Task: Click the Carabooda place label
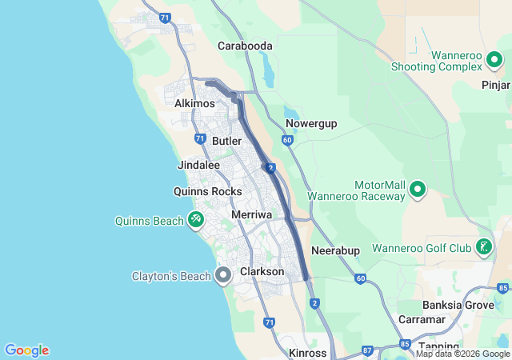(245, 46)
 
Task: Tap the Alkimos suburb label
(194, 104)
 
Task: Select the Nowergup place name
(311, 123)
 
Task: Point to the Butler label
(227, 141)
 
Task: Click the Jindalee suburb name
(198, 165)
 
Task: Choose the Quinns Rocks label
(207, 191)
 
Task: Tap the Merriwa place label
(252, 215)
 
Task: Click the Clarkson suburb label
(262, 272)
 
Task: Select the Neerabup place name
(335, 250)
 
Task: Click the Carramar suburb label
(422, 319)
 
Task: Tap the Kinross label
(307, 353)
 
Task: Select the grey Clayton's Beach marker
(223, 276)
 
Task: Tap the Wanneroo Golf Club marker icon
(483, 247)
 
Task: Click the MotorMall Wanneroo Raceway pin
(417, 190)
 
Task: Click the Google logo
(26, 350)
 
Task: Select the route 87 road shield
(367, 350)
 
